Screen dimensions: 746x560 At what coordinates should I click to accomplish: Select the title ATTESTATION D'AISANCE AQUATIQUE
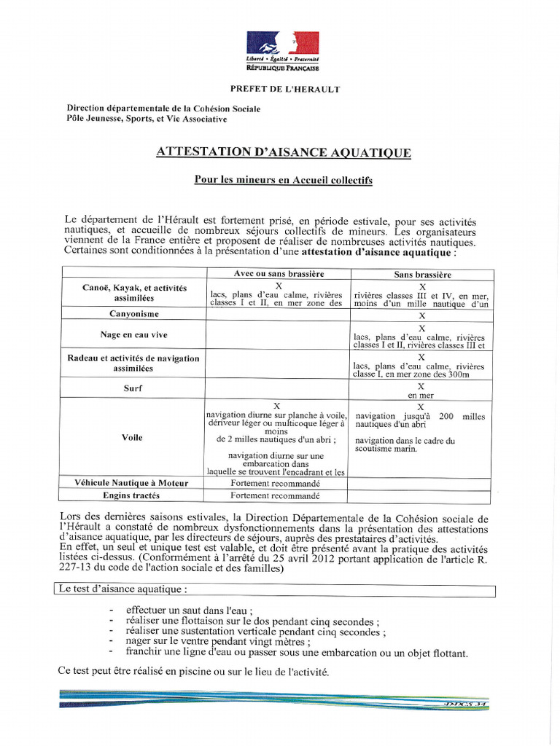pos(284,153)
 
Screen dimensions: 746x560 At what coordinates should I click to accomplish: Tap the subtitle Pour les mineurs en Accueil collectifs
pos(283,180)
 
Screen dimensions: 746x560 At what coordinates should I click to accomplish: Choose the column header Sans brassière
pos(421,275)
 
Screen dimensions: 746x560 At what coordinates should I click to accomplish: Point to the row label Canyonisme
pos(133,314)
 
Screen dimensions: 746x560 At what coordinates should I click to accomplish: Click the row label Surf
pos(133,388)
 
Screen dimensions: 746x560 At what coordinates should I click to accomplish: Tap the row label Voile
pos(133,438)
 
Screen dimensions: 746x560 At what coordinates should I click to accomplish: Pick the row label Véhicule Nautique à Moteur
pos(131,483)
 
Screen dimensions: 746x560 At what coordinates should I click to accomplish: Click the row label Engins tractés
pos(132,496)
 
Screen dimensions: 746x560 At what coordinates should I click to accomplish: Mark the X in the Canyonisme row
pos(421,316)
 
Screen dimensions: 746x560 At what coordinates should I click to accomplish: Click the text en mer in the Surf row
pos(421,395)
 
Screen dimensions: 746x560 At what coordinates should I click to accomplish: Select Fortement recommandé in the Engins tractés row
pos(275,496)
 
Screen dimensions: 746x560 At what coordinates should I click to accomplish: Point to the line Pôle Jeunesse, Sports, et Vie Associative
pos(146,119)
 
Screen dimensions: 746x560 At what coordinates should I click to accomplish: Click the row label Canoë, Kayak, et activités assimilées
pos(133,293)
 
